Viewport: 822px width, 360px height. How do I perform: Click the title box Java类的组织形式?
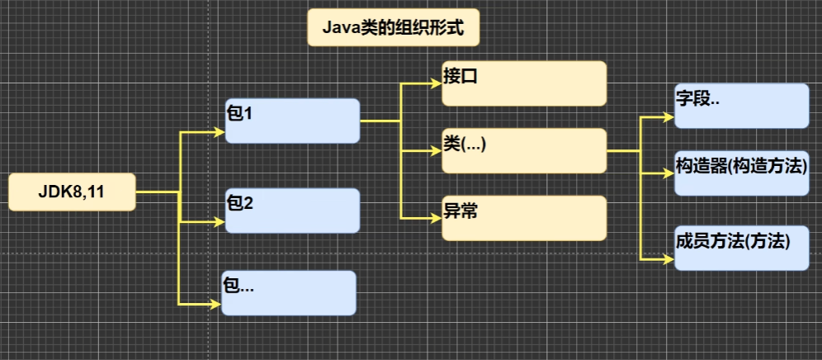pyautogui.click(x=393, y=28)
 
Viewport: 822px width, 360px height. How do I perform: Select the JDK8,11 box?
pyautogui.click(x=72, y=192)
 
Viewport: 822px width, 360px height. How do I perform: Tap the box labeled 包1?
pyautogui.click(x=292, y=121)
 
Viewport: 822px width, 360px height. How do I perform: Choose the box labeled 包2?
pyautogui.click(x=292, y=211)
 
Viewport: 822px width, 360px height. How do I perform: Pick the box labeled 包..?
pyautogui.click(x=289, y=293)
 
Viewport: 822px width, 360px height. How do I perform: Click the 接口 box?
pyautogui.click(x=524, y=83)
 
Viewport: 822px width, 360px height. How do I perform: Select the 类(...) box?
pyautogui.click(x=524, y=150)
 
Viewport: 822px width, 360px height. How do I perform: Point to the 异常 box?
pyautogui.click(x=524, y=218)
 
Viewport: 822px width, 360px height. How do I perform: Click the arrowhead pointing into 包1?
pyautogui.click(x=220, y=131)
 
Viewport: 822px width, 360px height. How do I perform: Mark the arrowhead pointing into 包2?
pyautogui.click(x=220, y=222)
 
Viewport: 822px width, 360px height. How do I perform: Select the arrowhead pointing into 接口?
pyautogui.click(x=437, y=83)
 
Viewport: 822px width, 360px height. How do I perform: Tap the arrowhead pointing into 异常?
pyautogui.click(x=437, y=218)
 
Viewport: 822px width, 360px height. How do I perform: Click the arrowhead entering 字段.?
pyautogui.click(x=669, y=117)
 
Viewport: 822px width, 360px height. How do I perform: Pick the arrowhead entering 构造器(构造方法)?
pyautogui.click(x=669, y=173)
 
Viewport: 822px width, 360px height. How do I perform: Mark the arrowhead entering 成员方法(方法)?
pyautogui.click(x=669, y=259)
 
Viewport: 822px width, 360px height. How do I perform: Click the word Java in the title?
pyautogui.click(x=338, y=28)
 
